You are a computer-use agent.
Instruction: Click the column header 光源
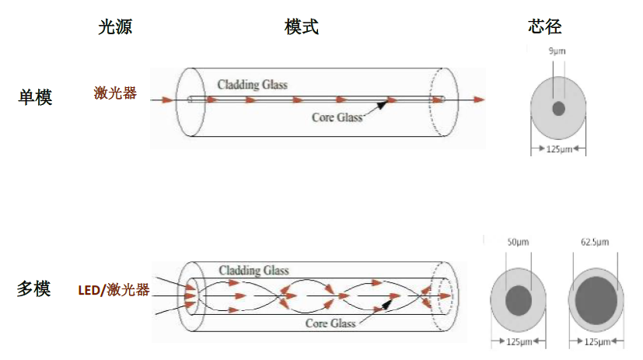pos(115,27)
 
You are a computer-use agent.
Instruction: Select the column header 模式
pos(302,27)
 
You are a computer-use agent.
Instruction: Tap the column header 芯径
pos(544,27)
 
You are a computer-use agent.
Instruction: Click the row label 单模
pos(35,97)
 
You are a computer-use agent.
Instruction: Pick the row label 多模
pos(33,289)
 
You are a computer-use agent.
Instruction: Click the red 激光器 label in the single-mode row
pos(115,93)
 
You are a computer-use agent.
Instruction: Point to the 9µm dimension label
pos(557,51)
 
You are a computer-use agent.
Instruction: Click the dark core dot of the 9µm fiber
pos(558,108)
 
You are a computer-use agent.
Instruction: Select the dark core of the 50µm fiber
pos(519,299)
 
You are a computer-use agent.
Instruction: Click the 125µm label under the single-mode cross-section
pos(558,148)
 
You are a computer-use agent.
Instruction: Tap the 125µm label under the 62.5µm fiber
pos(597,341)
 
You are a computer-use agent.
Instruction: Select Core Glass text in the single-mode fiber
pos(337,117)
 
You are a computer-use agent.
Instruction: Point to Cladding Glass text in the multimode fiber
pos(253,271)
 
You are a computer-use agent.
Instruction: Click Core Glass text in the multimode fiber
pos(330,323)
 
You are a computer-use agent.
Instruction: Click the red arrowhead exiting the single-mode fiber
pos(479,100)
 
